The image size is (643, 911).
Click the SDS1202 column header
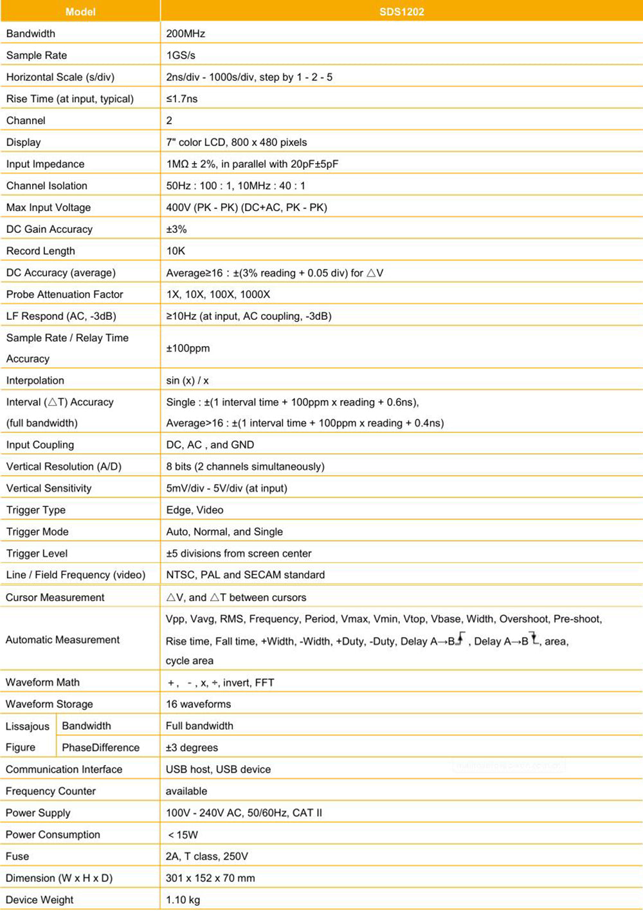tap(401, 12)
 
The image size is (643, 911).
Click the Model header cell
tap(80, 12)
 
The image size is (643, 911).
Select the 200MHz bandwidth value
tap(185, 33)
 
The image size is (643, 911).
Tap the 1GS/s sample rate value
tap(181, 55)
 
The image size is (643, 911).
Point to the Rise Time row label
tap(70, 99)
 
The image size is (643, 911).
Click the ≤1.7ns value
tap(182, 99)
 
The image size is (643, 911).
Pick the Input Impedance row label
tap(45, 164)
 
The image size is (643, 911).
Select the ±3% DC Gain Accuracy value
tap(176, 230)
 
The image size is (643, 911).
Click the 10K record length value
tap(176, 251)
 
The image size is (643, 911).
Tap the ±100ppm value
tap(188, 348)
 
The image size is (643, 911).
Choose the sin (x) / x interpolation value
tap(187, 381)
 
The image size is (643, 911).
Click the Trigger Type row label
tap(36, 510)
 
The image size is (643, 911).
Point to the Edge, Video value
tap(195, 510)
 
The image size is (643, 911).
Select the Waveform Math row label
tap(42, 683)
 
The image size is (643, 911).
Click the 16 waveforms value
tap(198, 704)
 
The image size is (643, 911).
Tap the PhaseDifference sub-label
tap(100, 748)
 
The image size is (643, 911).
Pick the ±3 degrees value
tap(192, 748)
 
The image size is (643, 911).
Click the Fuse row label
tap(17, 856)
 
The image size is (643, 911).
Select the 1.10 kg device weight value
tap(183, 900)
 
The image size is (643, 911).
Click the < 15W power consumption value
tap(183, 835)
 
